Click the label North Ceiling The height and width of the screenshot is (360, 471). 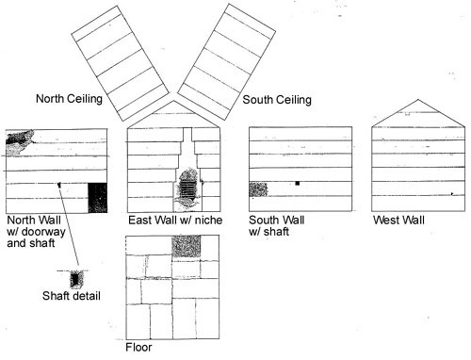pos(74,97)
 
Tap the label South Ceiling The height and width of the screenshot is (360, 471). pos(277,99)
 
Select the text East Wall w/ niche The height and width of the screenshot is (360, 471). pos(175,221)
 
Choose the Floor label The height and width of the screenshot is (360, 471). pos(138,347)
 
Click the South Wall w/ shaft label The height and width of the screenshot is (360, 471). pos(275,226)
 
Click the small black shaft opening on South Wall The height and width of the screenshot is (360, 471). pos(297,182)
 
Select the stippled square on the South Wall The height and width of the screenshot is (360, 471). pos(258,189)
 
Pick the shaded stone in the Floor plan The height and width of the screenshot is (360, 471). pos(186,245)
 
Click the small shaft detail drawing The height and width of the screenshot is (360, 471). pos(75,279)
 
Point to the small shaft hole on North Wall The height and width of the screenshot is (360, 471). pos(58,185)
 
